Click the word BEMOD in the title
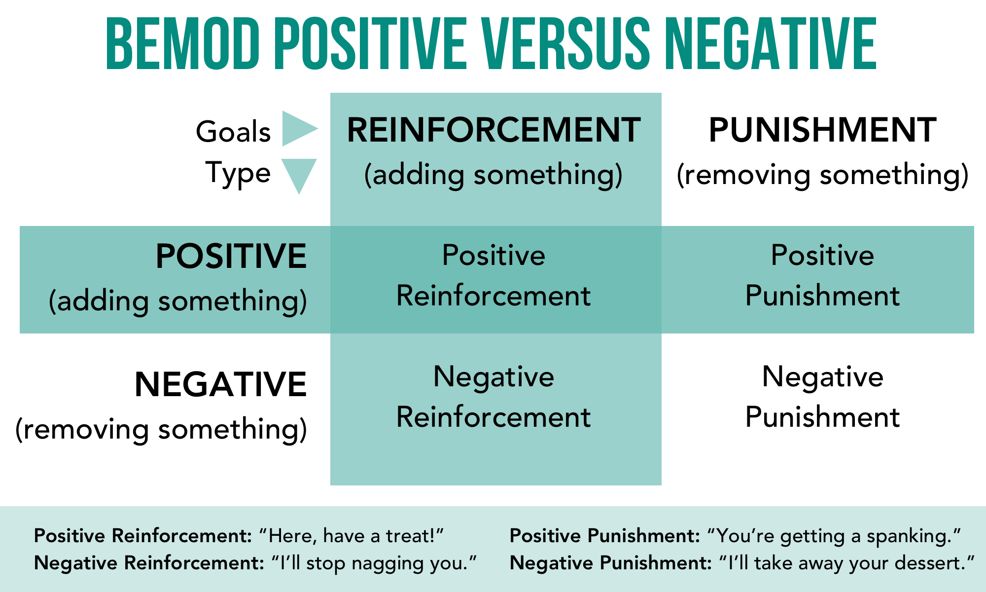point(183,44)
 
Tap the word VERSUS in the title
point(566,44)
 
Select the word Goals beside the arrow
point(233,132)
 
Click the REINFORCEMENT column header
point(493,130)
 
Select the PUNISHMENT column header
point(822,130)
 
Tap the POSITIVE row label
point(231,257)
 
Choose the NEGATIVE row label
point(220,385)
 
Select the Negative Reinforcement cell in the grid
point(493,397)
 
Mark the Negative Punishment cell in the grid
point(822,397)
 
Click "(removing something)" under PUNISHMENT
point(822,175)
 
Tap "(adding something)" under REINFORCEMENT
point(493,175)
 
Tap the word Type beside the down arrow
point(238,174)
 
